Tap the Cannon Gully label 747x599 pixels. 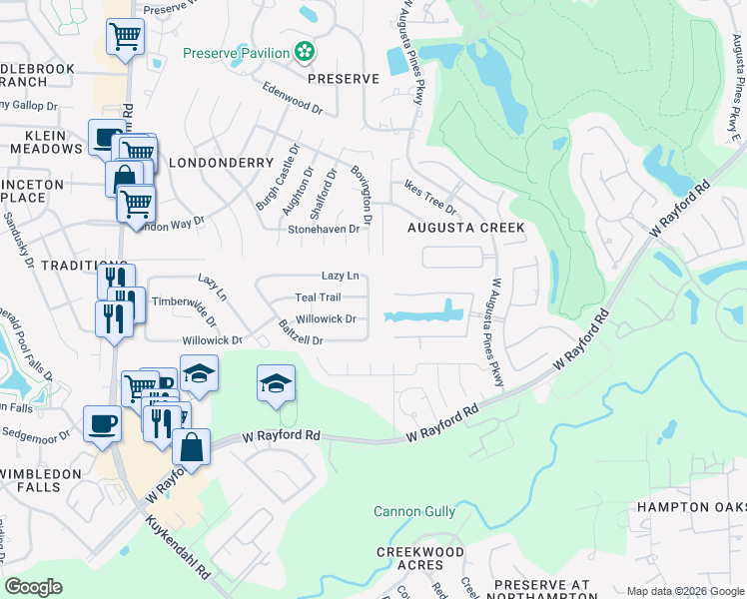414,512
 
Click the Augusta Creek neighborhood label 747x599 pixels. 465,228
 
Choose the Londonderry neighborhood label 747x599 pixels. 221,162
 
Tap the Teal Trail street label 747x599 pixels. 318,298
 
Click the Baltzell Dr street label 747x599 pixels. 301,333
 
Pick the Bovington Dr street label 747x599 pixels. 362,194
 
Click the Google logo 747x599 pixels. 34,587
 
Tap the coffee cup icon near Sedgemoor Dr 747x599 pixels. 102,423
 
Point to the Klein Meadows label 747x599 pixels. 46,142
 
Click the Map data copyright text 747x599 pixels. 684,591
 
